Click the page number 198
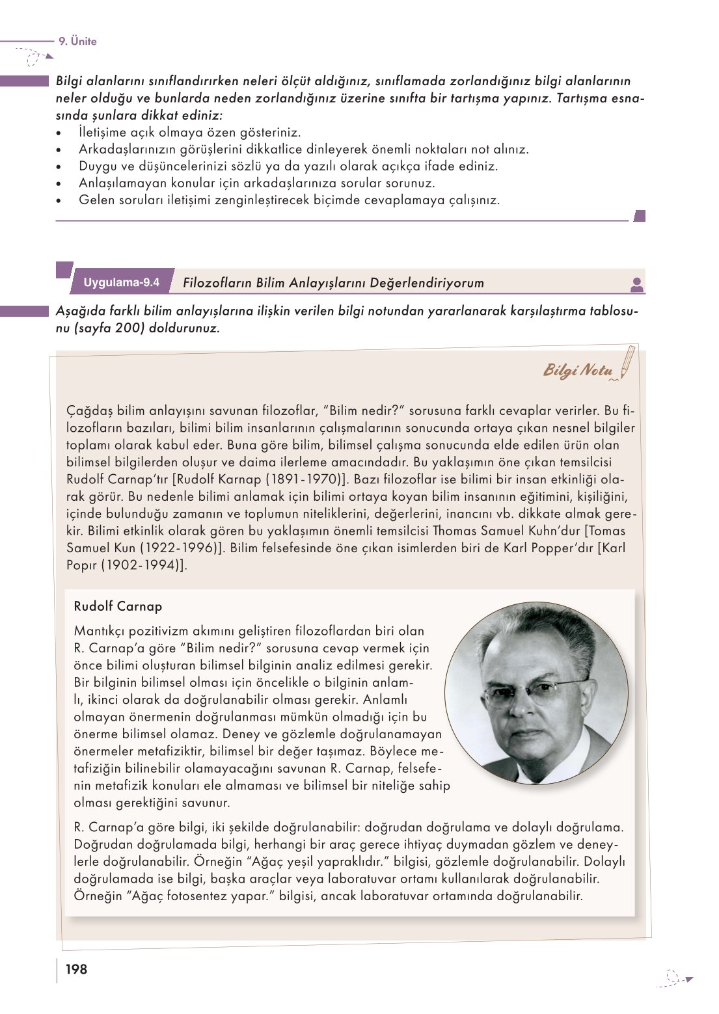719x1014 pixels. tap(76, 969)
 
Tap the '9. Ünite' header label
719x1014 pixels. tap(77, 41)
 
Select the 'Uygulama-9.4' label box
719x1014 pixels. tap(122, 282)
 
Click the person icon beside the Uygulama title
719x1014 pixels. tap(637, 284)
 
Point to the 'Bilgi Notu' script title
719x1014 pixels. tap(578, 371)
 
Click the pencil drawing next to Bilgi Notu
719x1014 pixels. tap(627, 362)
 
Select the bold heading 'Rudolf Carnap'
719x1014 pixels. tap(118, 606)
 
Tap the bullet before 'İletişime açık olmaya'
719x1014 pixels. tap(59, 133)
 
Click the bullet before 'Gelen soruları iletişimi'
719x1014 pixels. tap(59, 200)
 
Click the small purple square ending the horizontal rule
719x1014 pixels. tap(639, 216)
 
